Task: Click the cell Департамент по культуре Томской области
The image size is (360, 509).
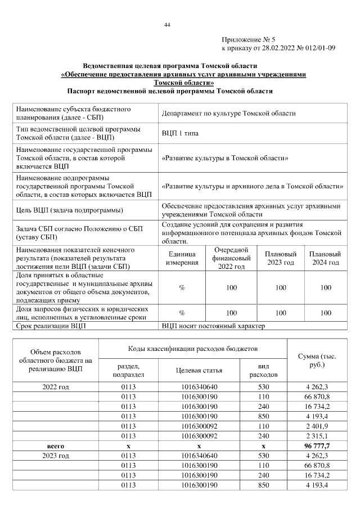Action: [x=228, y=113]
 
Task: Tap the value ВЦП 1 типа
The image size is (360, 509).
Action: [x=180, y=133]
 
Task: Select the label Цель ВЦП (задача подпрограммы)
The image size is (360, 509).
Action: [x=70, y=210]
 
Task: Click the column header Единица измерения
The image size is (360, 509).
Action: [x=182, y=258]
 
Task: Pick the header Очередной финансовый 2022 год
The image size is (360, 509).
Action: [x=231, y=258]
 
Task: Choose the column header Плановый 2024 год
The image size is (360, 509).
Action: [x=325, y=258]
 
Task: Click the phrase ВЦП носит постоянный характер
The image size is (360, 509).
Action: [x=213, y=326]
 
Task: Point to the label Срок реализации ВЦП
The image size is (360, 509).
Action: [x=52, y=326]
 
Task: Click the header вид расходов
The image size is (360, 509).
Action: [x=263, y=370]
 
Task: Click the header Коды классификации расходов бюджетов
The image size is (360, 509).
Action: [x=193, y=350]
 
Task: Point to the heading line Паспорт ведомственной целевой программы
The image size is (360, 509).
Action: [x=170, y=90]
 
